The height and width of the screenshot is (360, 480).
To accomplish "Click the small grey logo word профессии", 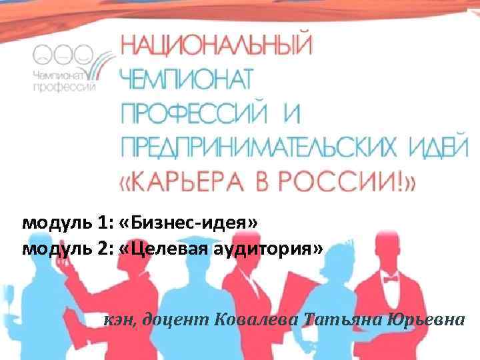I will (65, 85).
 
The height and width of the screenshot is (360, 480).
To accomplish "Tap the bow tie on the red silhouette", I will (390, 277).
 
